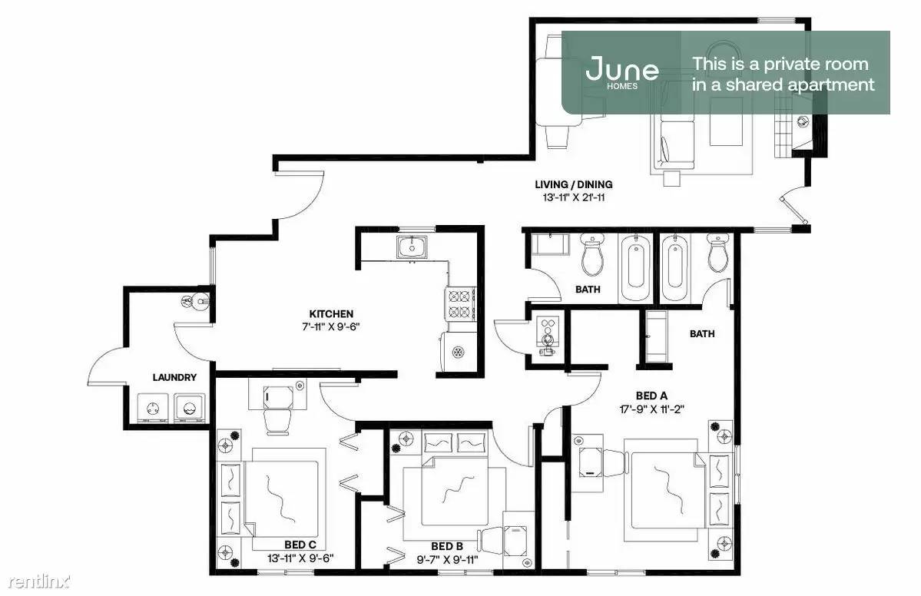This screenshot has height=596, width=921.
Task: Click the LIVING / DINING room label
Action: (x=573, y=184)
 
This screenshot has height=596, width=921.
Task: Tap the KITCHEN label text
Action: (x=331, y=314)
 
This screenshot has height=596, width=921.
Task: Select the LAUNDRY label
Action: (x=174, y=378)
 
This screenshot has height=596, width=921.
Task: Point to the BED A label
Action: (x=651, y=396)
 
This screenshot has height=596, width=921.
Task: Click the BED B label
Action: (x=447, y=547)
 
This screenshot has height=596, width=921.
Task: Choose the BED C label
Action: (x=300, y=545)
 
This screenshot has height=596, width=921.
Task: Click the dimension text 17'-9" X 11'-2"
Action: (x=652, y=409)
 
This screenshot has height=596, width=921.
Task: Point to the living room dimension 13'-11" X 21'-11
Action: (x=573, y=197)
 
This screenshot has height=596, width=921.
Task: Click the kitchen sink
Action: (x=413, y=247)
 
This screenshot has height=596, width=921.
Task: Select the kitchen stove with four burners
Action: (x=461, y=303)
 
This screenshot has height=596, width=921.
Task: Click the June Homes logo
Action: (x=621, y=72)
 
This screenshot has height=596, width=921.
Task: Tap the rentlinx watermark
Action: (x=38, y=582)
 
